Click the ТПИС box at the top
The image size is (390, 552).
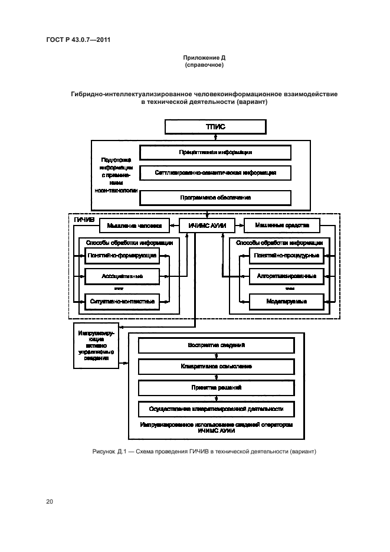pos(215,126)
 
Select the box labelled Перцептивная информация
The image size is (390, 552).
pos(215,152)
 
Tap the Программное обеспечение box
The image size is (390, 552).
pos(215,197)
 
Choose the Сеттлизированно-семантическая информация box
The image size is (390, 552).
pos(215,173)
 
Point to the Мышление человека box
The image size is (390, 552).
pos(134,225)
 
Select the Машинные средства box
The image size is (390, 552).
pos(281,225)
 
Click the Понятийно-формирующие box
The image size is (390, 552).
pos(122,256)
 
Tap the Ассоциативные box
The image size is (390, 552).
pos(122,276)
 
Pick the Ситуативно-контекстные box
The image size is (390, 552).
pos(122,301)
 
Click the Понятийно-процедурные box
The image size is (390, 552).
pos(286,256)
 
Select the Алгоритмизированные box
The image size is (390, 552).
pos(286,276)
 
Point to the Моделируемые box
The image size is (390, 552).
pos(286,301)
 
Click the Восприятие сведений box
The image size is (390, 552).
pos(216,345)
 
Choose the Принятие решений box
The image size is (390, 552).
pos(216,387)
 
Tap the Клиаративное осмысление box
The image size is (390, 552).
pos(216,367)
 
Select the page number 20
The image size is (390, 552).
pos(50,502)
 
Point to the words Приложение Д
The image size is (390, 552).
pos(204,58)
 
